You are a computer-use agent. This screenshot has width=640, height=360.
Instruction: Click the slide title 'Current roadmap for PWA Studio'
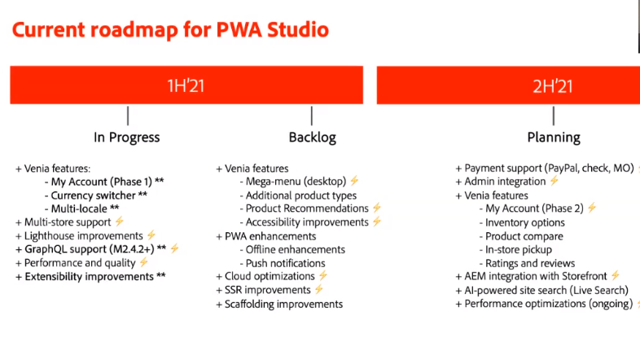click(170, 30)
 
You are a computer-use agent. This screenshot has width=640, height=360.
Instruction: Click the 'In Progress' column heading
click(127, 137)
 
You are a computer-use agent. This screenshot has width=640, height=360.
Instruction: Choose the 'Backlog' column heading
click(312, 137)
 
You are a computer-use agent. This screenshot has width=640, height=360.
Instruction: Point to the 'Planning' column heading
click(553, 137)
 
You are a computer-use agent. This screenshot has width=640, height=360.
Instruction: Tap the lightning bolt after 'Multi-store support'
click(119, 222)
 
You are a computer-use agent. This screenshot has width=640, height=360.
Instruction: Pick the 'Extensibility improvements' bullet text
click(89, 276)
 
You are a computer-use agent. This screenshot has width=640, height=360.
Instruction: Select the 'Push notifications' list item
click(286, 262)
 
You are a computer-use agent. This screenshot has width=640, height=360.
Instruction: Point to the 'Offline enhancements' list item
click(295, 249)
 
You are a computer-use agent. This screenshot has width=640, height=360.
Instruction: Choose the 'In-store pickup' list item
click(518, 249)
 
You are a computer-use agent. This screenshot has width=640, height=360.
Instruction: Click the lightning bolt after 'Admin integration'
click(555, 182)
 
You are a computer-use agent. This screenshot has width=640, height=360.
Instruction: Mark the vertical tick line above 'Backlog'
click(312, 115)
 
